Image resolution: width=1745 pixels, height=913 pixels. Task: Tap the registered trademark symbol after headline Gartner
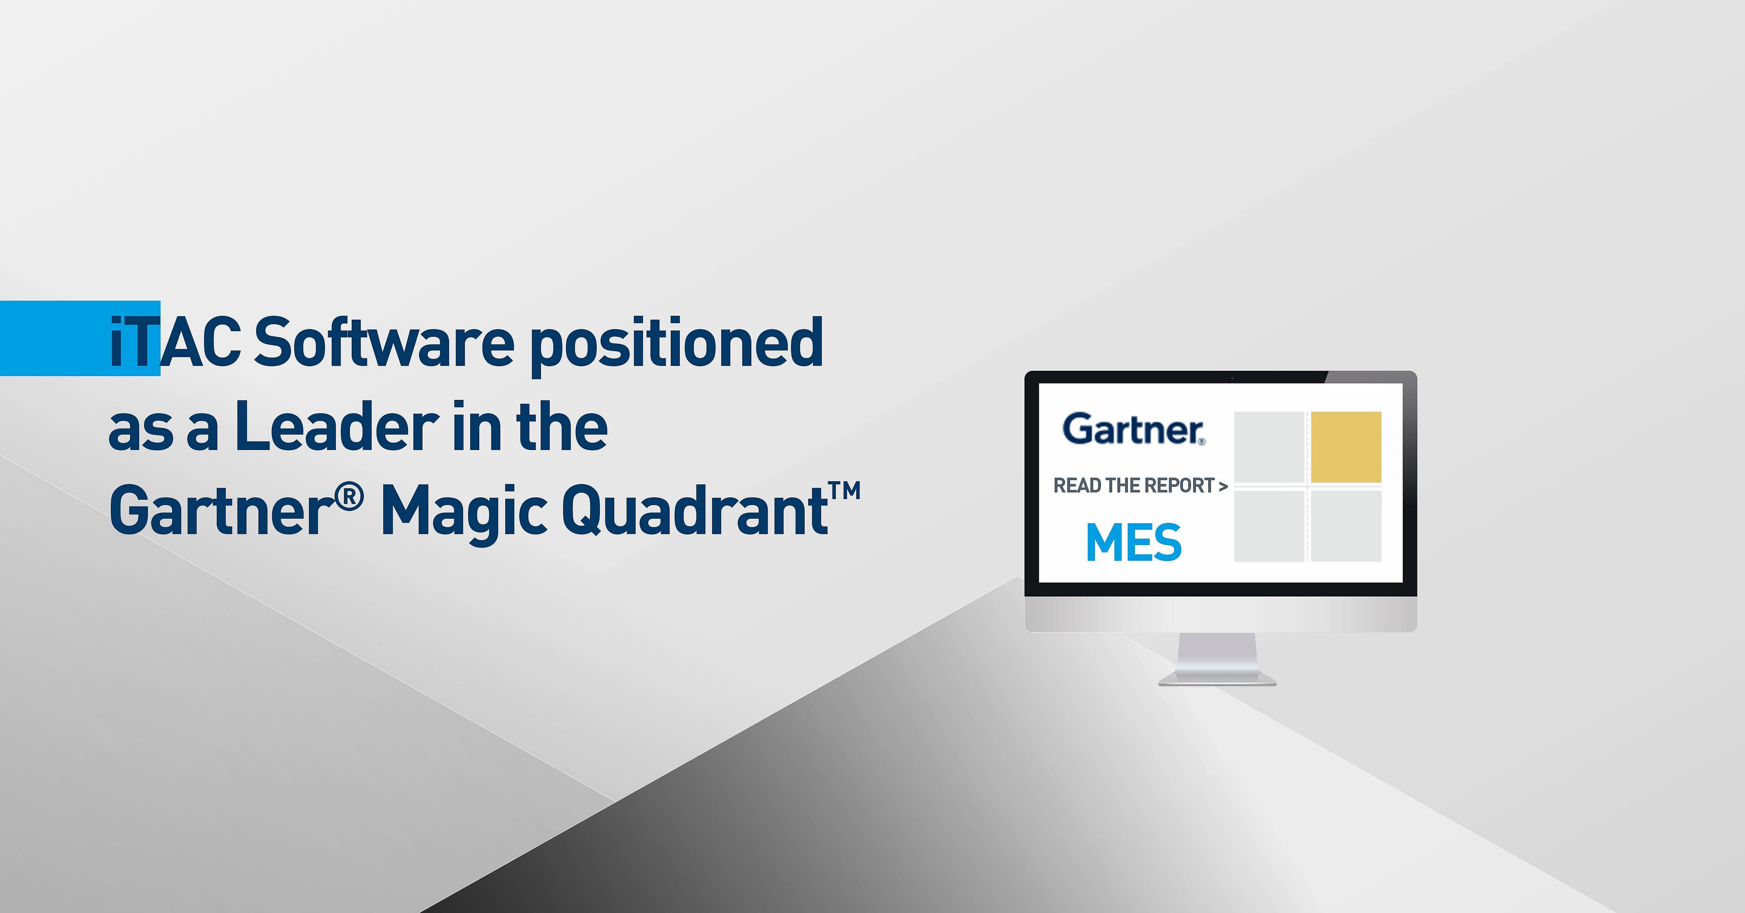[350, 498]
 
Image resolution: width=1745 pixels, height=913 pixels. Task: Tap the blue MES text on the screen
[1133, 543]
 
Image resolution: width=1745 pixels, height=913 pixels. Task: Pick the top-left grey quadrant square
[1269, 447]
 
